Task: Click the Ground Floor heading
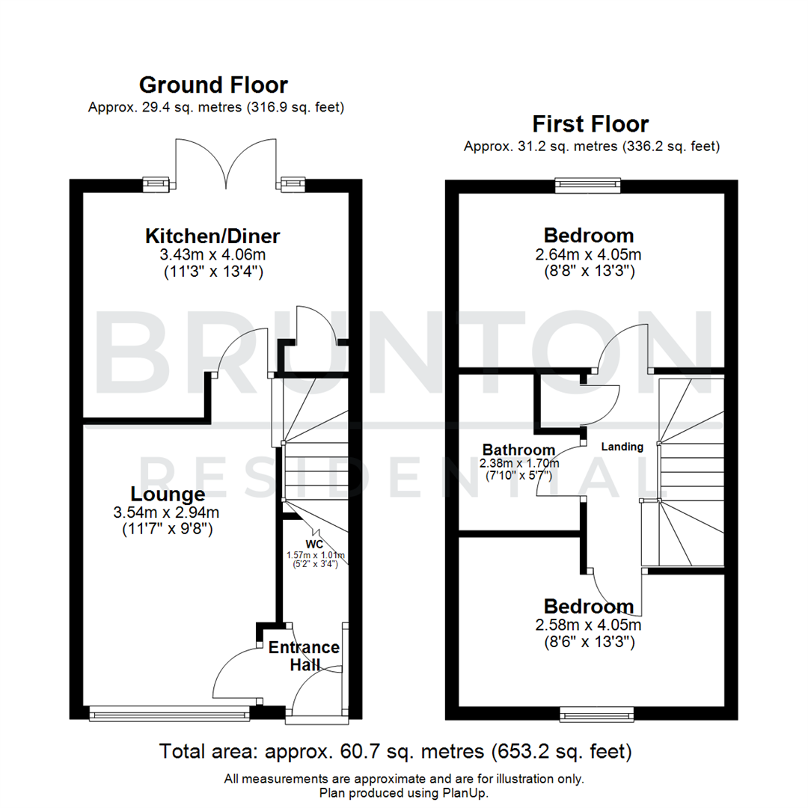click(x=213, y=85)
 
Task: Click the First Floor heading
click(x=590, y=123)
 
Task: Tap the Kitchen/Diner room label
click(x=212, y=236)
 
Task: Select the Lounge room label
click(x=168, y=495)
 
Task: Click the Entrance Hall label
click(x=304, y=656)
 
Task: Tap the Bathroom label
click(x=518, y=450)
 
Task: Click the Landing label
click(x=623, y=447)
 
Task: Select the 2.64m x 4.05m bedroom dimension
click(x=590, y=254)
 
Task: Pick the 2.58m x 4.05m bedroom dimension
click(x=590, y=625)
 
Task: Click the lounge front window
click(x=169, y=715)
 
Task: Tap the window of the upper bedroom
click(x=588, y=183)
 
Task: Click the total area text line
click(x=396, y=750)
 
